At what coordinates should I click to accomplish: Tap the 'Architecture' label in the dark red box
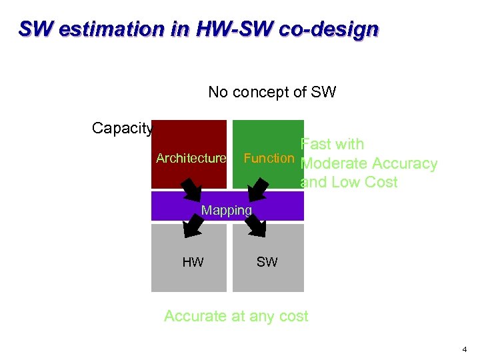(191, 159)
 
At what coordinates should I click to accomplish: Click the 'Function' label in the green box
(269, 159)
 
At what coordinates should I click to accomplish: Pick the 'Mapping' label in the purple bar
(227, 211)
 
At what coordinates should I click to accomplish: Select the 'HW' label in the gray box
(193, 262)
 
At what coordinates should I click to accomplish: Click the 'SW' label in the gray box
(267, 262)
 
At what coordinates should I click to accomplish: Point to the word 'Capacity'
(123, 128)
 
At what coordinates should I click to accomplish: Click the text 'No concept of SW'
(272, 92)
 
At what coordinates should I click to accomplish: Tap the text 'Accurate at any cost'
(236, 316)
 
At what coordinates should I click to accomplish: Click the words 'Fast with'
(332, 144)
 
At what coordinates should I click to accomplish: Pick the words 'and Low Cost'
(349, 183)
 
